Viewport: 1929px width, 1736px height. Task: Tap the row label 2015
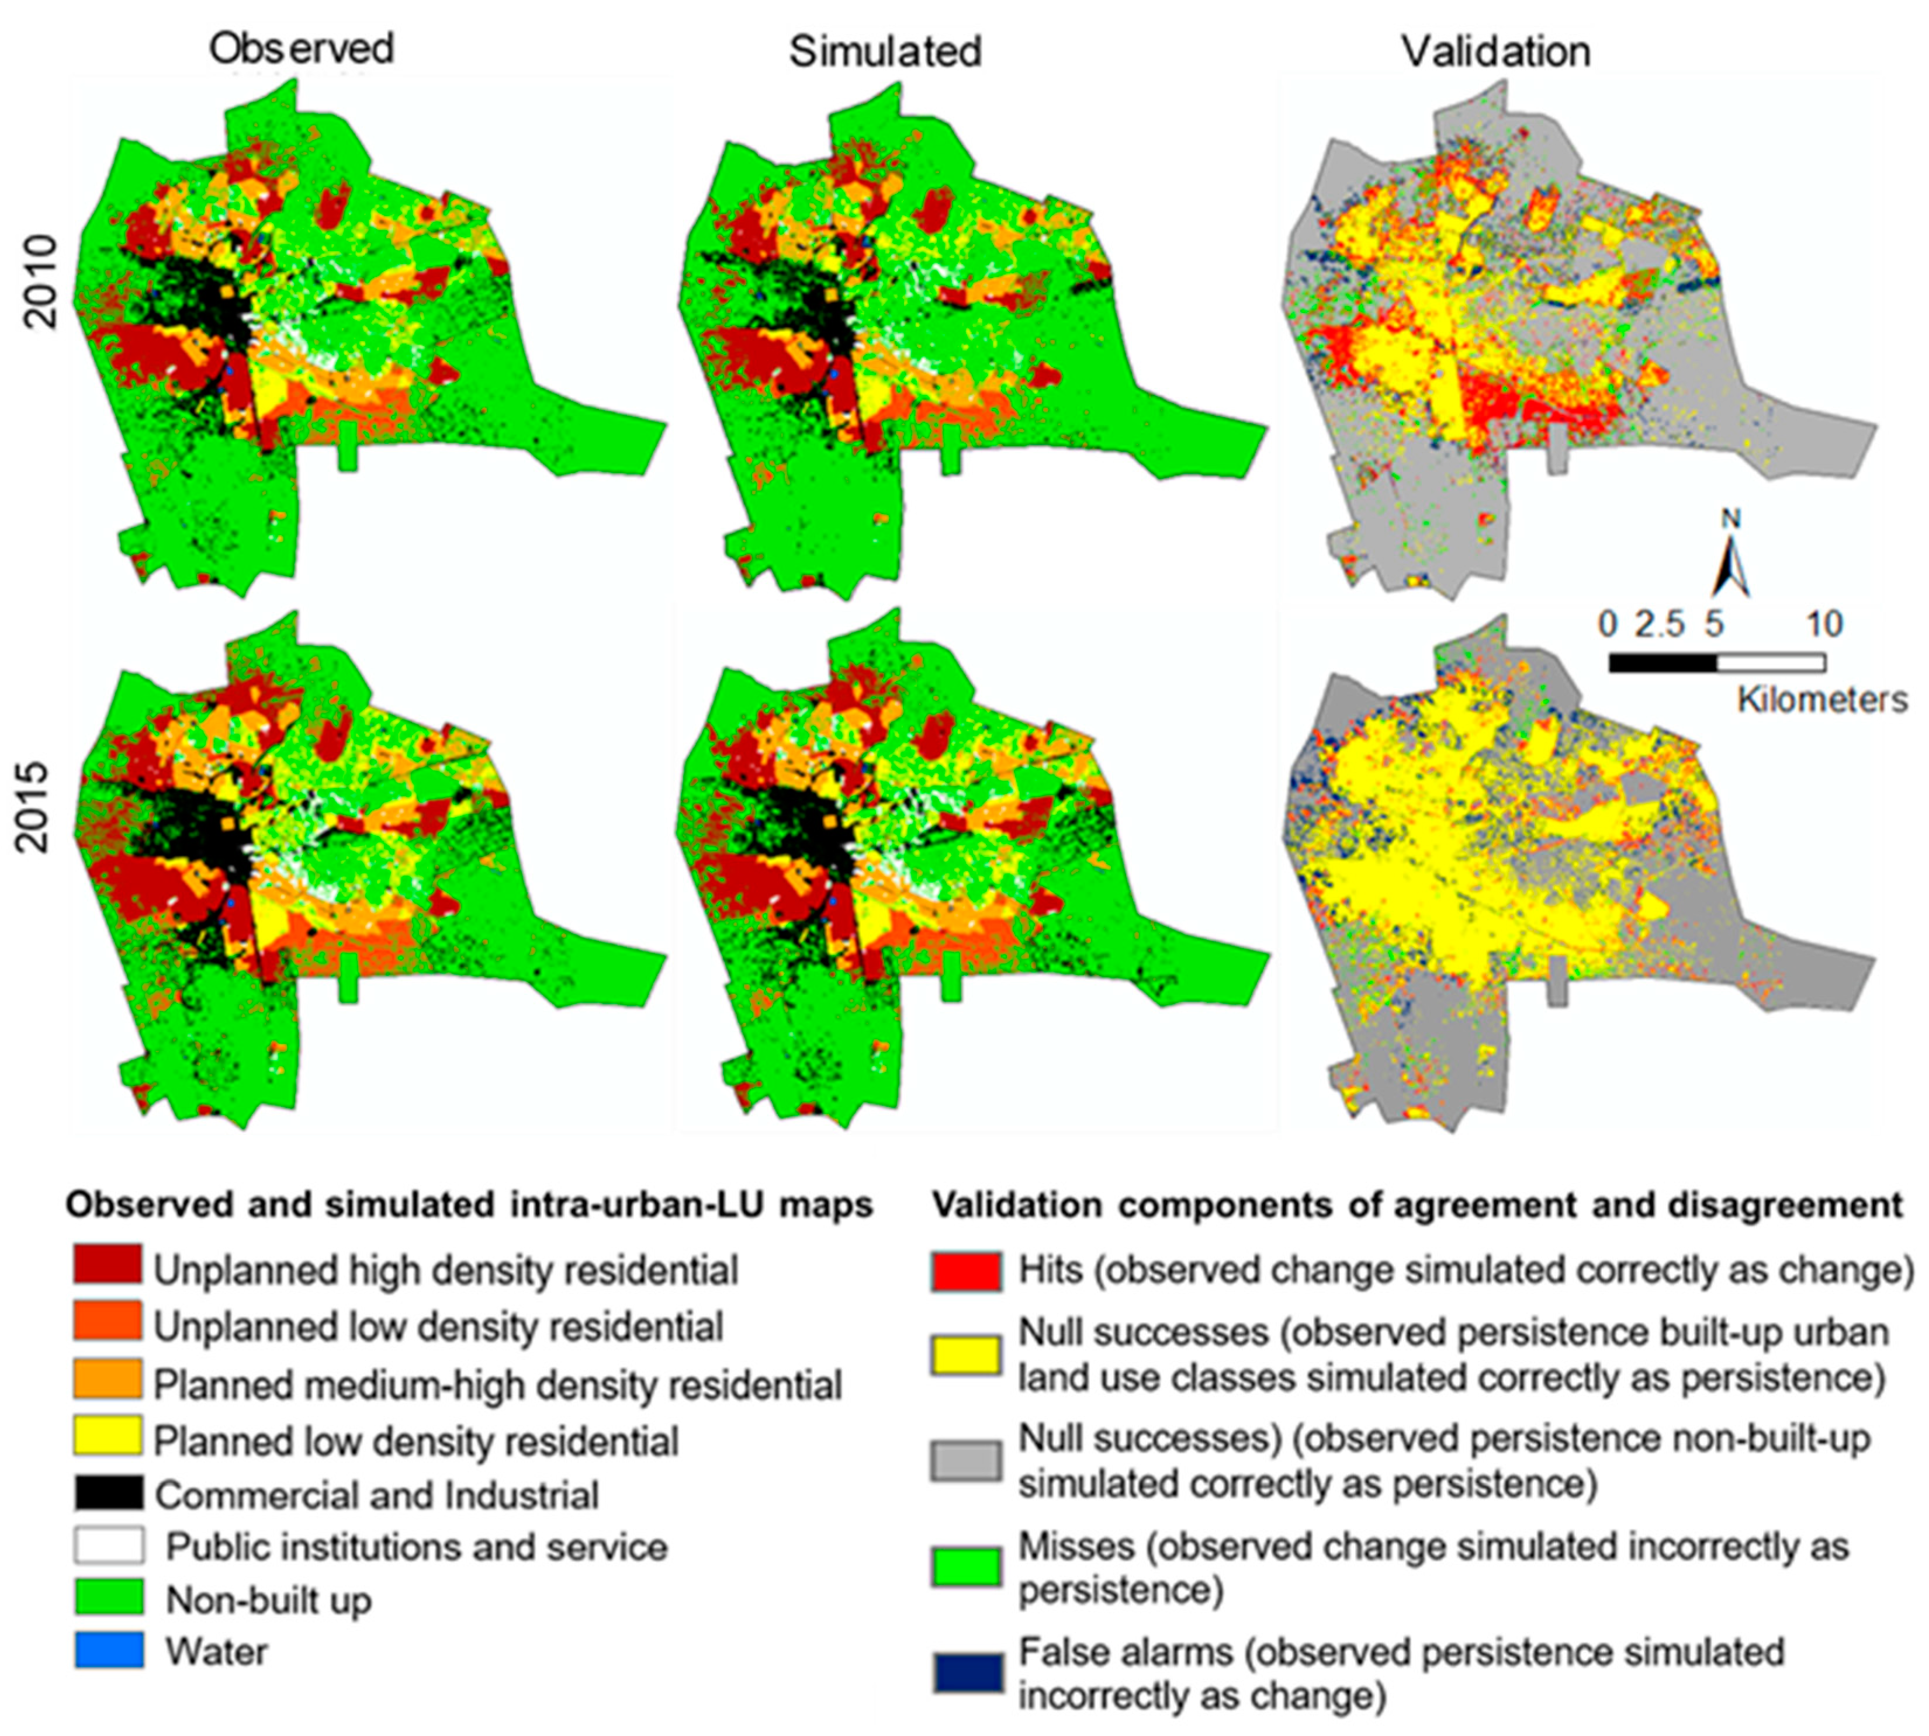35,806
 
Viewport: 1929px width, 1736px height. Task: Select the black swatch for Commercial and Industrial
108,1494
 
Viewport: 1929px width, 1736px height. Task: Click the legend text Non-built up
268,1599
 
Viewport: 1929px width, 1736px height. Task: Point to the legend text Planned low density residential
416,1440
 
